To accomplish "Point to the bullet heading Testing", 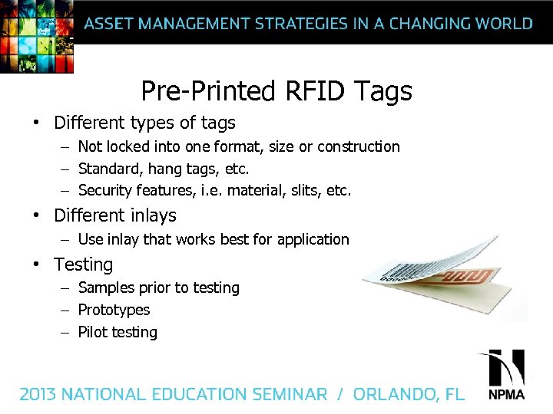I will pos(83,264).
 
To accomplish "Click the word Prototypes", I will pos(114,310).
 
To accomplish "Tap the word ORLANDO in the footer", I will pos(396,395).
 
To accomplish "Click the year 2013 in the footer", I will pos(38,395).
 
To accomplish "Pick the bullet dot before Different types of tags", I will pos(36,123).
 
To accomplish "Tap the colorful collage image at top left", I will pos(37,35).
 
